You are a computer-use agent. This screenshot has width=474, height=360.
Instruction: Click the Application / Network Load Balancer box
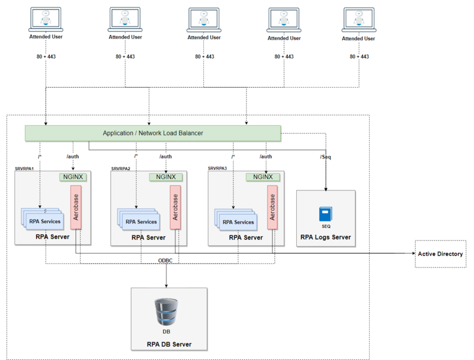pos(153,133)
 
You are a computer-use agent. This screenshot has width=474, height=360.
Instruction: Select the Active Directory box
pos(440,254)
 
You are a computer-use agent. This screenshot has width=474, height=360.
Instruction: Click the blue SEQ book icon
pos(326,214)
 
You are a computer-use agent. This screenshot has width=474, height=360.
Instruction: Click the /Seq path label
pos(325,157)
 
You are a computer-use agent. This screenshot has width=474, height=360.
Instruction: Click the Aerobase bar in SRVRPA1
pos(75,207)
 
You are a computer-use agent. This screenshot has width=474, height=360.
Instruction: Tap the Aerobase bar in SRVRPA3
pos(272,207)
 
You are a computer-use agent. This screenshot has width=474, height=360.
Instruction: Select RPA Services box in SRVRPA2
pos(140,222)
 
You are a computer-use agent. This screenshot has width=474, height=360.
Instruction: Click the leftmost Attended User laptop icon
pos(46,20)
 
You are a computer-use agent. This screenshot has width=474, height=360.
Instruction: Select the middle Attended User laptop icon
pos(204,20)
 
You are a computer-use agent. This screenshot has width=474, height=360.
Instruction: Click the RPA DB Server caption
pos(169,345)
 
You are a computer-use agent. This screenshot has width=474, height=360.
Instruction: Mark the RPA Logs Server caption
pos(325,237)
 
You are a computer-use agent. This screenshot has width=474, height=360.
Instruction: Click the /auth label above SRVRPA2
pos(166,157)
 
